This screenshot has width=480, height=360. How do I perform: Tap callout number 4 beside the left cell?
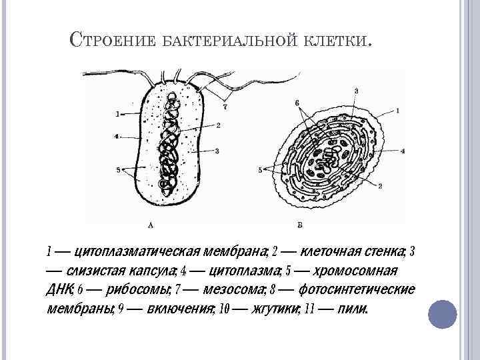coord(117,137)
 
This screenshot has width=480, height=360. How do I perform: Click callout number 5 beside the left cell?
coord(119,170)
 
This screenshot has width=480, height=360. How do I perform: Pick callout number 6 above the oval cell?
coord(297,102)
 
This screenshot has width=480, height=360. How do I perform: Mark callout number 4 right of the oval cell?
coord(403,151)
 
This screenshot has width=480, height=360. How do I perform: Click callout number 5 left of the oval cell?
coord(260,170)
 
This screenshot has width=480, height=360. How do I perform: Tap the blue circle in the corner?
coord(442,313)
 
